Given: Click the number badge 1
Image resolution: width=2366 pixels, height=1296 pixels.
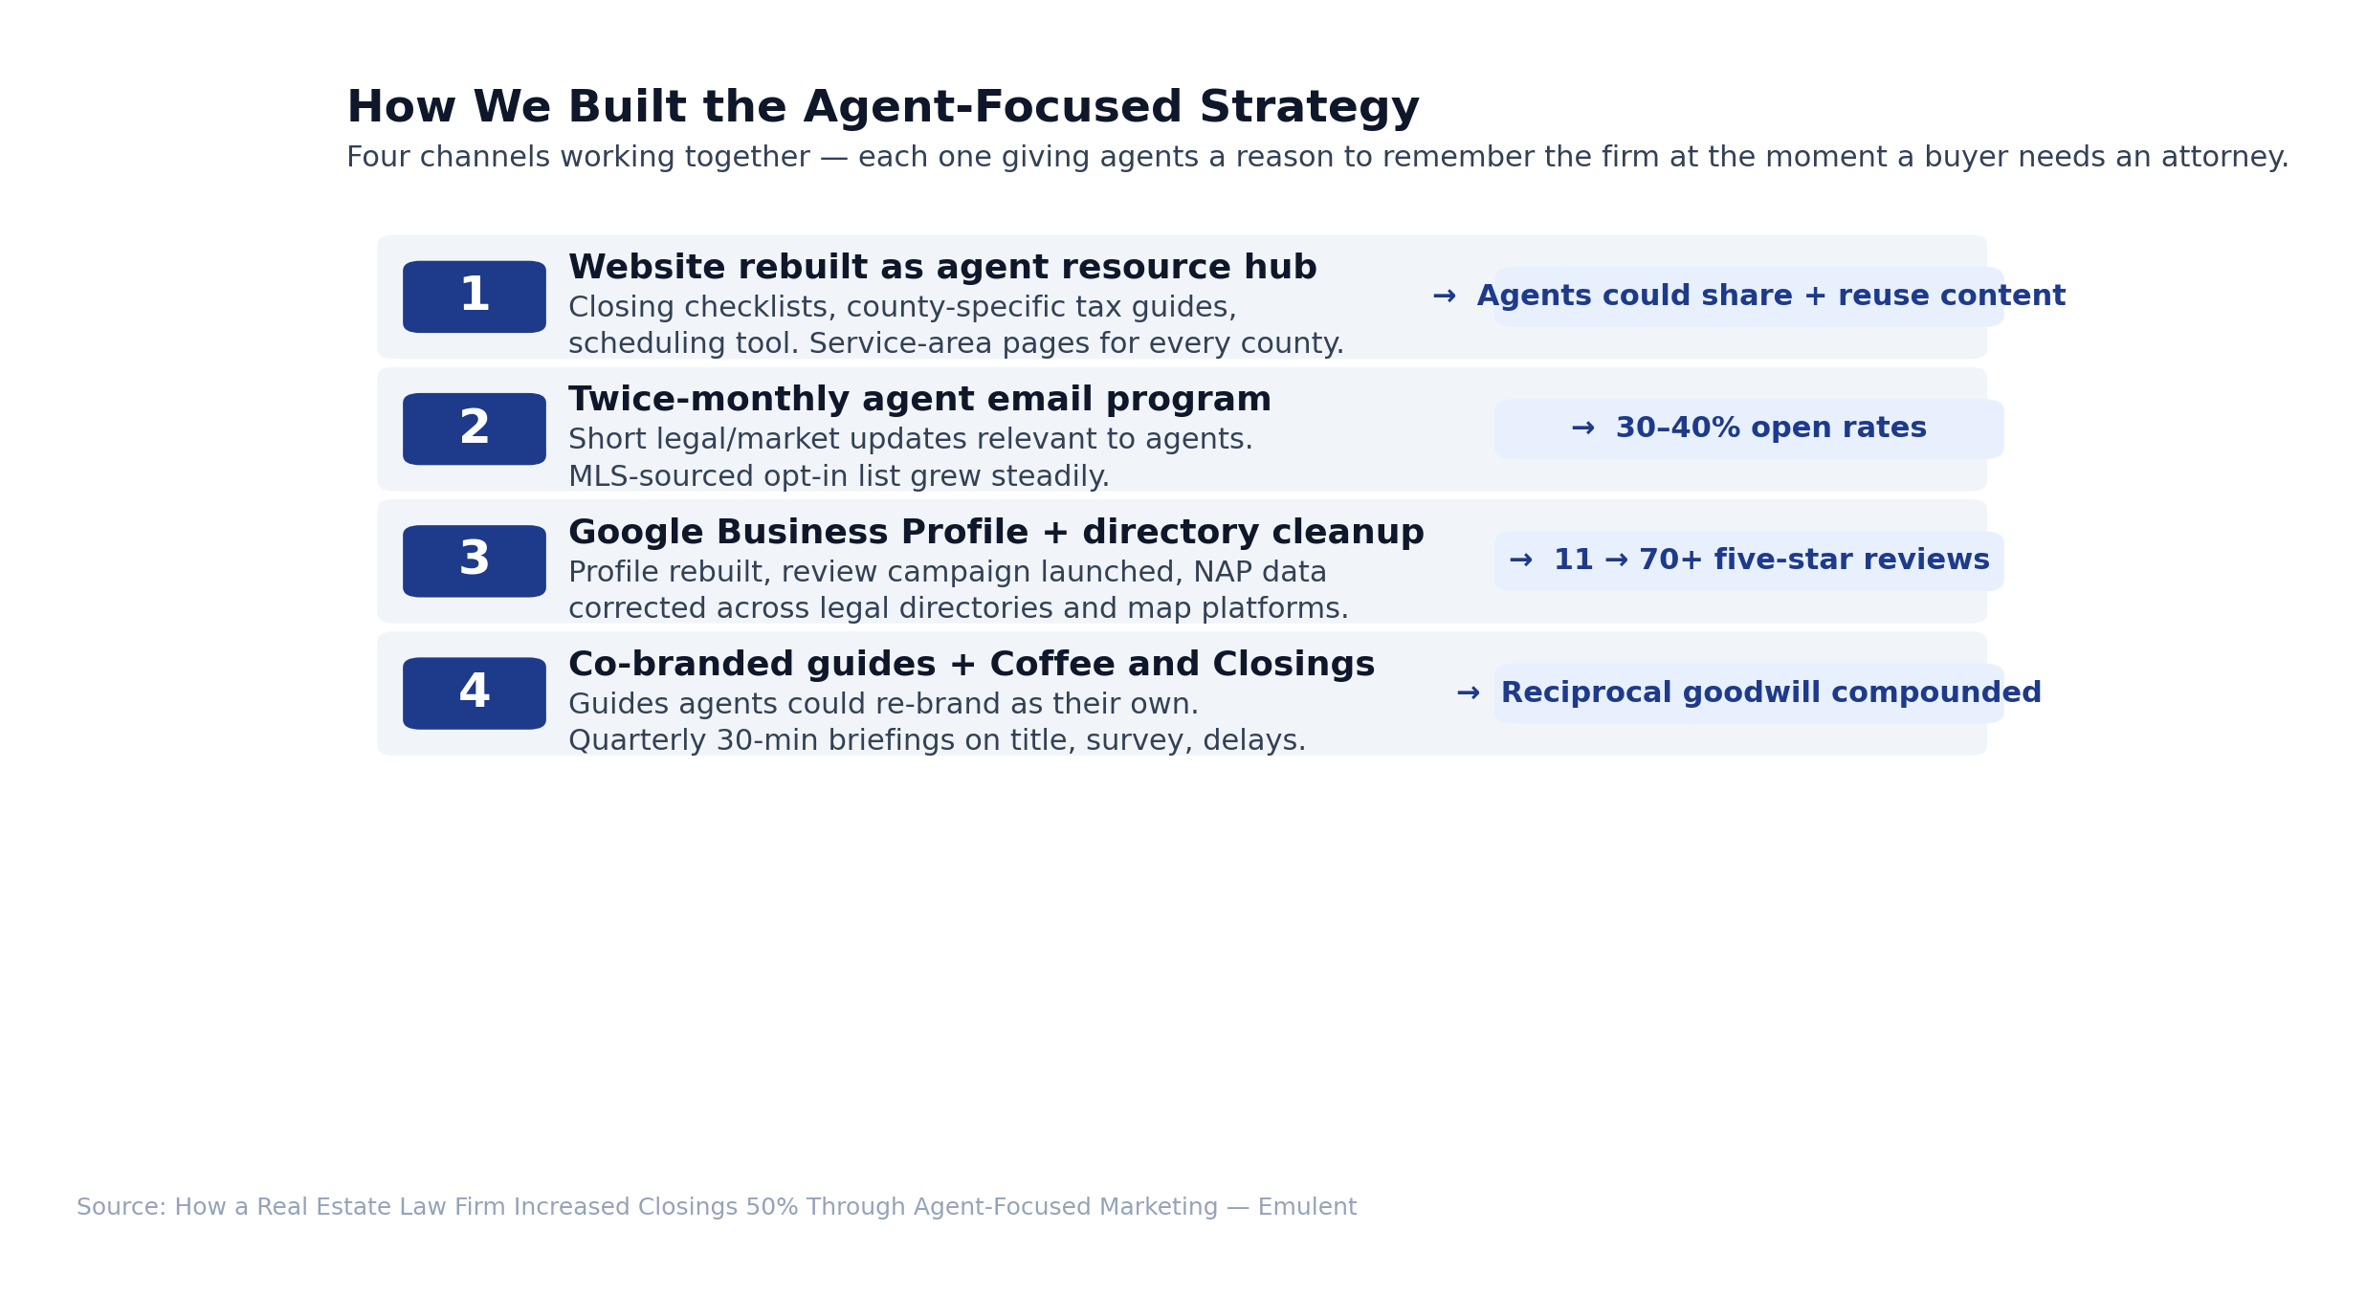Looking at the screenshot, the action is click(x=474, y=297).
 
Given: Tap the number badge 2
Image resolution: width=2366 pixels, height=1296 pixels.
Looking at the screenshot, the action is click(x=474, y=428).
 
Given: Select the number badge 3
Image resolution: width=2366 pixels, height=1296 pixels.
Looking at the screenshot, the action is click(x=474, y=560).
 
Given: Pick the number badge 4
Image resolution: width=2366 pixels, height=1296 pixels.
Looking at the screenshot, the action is click(x=474, y=693).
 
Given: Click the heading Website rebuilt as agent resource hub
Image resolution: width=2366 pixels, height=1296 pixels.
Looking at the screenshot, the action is click(x=942, y=268).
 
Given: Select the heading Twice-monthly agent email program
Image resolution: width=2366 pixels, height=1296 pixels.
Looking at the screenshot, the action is click(x=919, y=400).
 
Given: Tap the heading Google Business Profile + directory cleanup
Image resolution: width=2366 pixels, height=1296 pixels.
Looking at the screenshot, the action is click(x=996, y=532).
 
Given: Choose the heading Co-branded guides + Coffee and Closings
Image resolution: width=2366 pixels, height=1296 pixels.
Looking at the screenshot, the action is click(x=971, y=664).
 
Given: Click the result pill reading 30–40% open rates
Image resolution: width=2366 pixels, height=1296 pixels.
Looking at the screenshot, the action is click(x=1749, y=428).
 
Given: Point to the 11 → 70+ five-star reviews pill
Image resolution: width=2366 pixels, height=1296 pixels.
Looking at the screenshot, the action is click(x=1749, y=560).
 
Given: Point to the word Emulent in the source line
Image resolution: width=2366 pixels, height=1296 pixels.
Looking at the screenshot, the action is click(x=1307, y=1207).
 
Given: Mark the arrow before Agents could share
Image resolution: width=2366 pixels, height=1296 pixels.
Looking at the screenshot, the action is click(x=1444, y=297).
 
